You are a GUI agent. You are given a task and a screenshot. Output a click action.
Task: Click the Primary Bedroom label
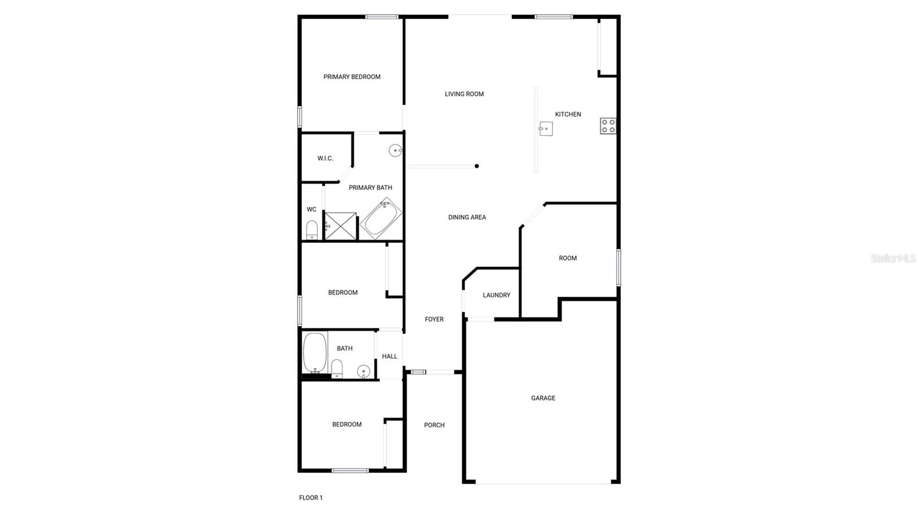coord(352,77)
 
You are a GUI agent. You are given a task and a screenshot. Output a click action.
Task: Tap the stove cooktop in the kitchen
coord(608,126)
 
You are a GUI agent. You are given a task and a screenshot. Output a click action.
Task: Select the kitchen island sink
coord(546,129)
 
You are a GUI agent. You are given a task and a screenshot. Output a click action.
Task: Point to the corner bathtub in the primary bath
coord(380,219)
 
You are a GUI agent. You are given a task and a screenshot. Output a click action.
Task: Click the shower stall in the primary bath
coord(341,226)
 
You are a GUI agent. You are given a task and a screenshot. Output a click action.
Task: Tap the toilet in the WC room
coord(312,230)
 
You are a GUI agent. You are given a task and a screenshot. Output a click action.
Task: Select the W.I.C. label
coord(325,158)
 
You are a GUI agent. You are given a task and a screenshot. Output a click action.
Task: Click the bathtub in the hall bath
coord(314,352)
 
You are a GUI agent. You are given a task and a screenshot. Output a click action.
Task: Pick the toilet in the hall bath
coord(337,368)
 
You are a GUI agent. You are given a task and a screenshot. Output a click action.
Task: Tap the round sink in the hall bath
coord(364,371)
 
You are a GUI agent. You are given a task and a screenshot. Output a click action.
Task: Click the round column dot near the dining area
coord(477,166)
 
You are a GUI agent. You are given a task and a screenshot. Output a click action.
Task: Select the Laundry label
coord(496,295)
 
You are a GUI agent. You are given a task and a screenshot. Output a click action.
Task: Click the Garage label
coord(543,398)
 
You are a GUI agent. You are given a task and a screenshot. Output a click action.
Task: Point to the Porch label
coord(434,425)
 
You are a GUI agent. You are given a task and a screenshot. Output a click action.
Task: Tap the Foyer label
coord(434,319)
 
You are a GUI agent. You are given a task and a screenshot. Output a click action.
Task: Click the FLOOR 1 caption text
coord(311,498)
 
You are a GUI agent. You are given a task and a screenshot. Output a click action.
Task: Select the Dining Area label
coord(467,218)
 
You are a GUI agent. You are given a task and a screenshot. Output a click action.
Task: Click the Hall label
coord(390,356)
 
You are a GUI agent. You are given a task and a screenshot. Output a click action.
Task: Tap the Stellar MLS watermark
coord(893,259)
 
